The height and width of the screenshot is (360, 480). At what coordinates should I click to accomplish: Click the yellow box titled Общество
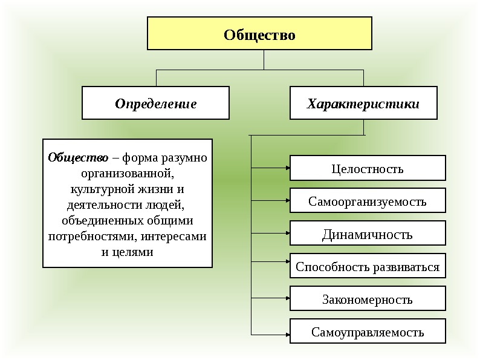click(x=259, y=33)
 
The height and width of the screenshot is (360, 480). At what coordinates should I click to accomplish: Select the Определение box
click(x=155, y=103)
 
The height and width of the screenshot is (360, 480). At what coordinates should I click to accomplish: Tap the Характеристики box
click(x=363, y=103)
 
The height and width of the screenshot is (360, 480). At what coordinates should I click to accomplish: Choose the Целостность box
click(x=368, y=168)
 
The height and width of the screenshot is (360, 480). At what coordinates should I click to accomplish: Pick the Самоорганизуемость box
click(x=368, y=201)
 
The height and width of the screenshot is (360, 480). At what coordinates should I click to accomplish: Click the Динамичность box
click(x=368, y=234)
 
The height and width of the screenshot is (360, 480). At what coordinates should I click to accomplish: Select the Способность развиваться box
click(x=368, y=266)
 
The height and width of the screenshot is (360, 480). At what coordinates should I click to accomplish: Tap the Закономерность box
click(x=368, y=299)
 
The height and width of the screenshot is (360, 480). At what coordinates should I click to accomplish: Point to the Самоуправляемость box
click(x=368, y=332)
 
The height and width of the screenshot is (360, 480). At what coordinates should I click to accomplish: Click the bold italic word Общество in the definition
click(x=78, y=158)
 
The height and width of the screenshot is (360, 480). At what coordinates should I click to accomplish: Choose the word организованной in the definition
click(x=128, y=174)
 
